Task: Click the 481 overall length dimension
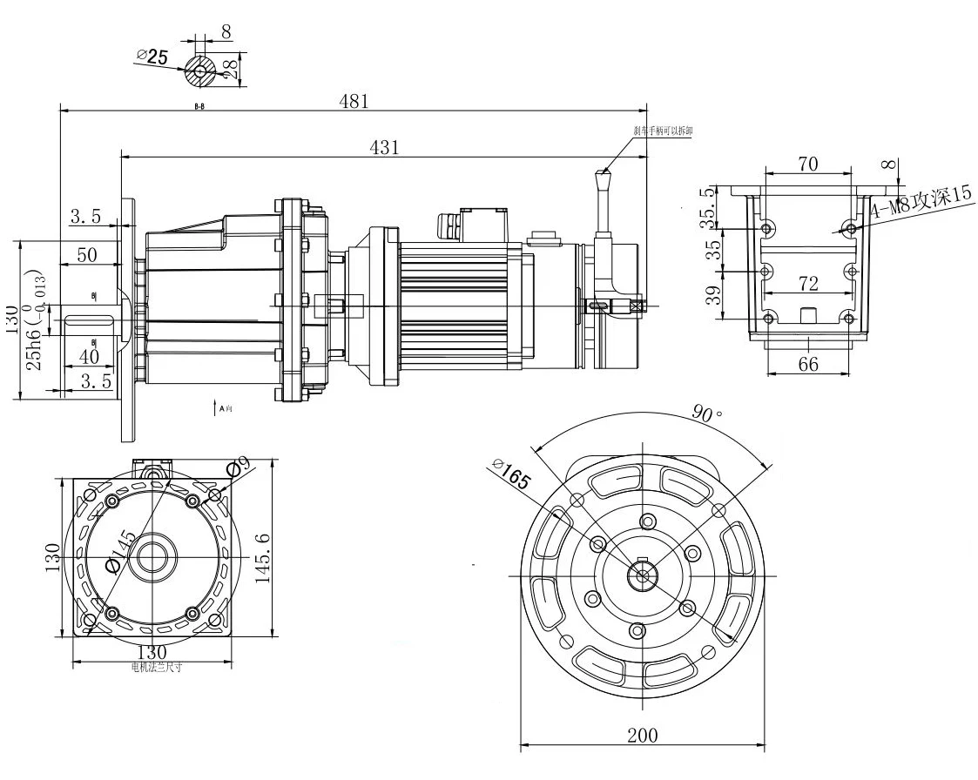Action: (x=354, y=101)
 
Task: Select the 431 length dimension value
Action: (x=383, y=147)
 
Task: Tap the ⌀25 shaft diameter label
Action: (x=153, y=57)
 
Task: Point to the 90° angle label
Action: (x=707, y=414)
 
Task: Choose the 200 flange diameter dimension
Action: (x=642, y=735)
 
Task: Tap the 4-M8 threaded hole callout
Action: (x=921, y=206)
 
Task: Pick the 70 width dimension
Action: (x=808, y=164)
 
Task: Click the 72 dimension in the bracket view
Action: (x=808, y=283)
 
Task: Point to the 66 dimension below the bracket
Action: (x=808, y=364)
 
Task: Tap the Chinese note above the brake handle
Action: (x=663, y=131)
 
